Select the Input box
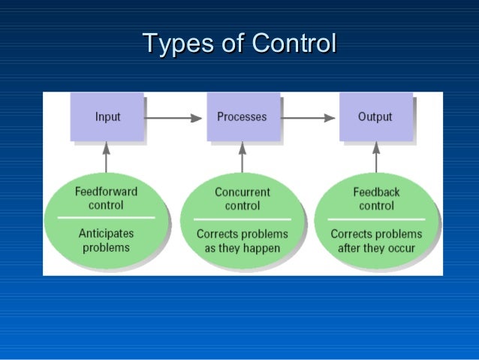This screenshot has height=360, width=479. pos(107,116)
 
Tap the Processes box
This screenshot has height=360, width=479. pos(243,116)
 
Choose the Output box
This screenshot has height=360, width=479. pos(375,116)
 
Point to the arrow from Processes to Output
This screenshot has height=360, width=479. pos(309,117)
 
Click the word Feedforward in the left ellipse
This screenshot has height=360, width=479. pos(106,192)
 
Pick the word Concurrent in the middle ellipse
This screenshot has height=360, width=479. pos(242,192)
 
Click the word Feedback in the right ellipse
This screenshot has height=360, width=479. pos(376,192)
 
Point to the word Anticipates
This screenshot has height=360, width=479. pos(106,234)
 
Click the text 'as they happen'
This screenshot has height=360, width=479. pos(242,248)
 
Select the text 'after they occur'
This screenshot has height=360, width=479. pos(376,248)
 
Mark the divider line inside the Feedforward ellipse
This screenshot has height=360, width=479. pos(106,218)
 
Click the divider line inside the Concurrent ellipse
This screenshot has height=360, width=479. pos(242,219)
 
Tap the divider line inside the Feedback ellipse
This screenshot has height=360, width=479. pos(376,219)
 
